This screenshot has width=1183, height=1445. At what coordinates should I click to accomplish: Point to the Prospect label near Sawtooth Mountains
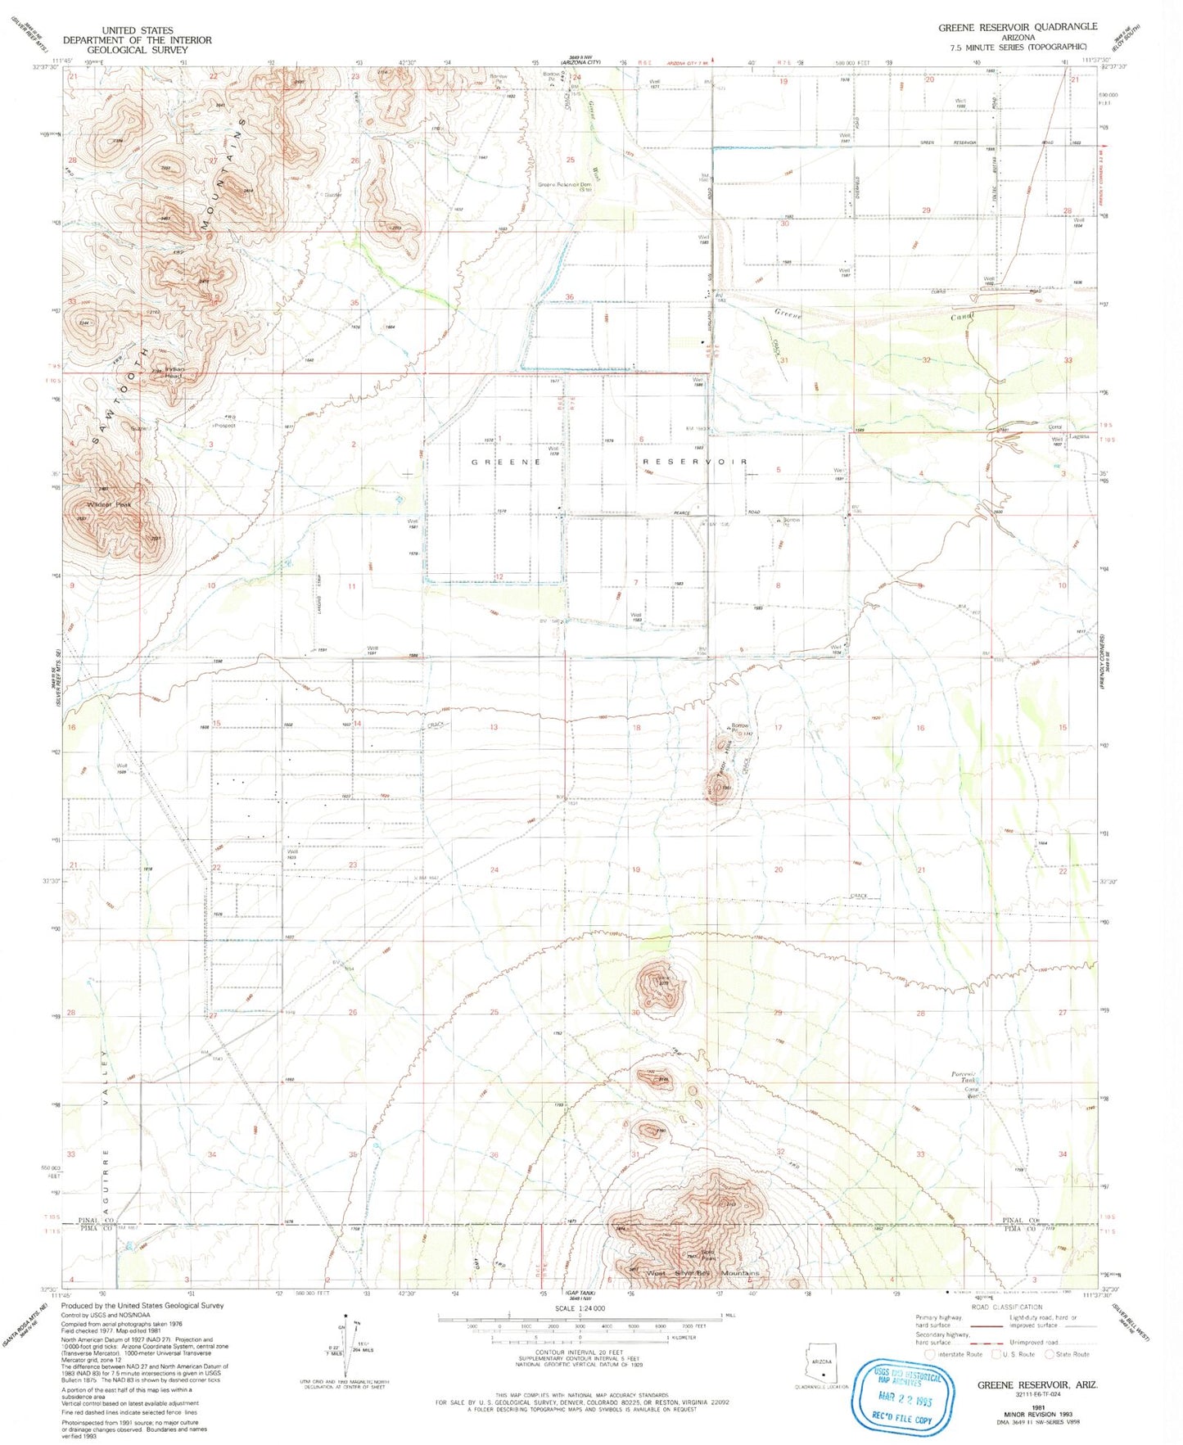(x=224, y=426)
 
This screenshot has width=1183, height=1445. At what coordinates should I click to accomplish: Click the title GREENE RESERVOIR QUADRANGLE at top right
(x=1017, y=27)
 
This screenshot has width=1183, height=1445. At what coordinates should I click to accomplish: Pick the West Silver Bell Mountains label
(x=703, y=1273)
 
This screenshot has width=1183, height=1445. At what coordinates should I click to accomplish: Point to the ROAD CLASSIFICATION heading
(x=1006, y=1307)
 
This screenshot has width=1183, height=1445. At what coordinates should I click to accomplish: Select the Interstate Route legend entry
(x=954, y=1354)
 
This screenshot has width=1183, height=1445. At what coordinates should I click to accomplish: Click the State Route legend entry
(x=1072, y=1354)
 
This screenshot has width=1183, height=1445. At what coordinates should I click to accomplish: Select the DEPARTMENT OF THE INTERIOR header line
(x=137, y=40)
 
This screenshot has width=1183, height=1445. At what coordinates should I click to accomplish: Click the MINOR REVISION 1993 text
(x=1037, y=1414)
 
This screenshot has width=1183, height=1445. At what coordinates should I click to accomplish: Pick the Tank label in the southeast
(x=972, y=1080)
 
